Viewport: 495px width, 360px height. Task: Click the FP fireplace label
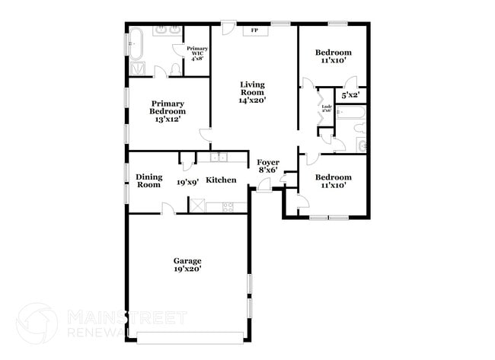pos(254,30)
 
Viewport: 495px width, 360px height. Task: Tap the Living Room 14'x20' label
pos(253,91)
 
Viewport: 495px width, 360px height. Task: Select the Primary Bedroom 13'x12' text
pos(166,111)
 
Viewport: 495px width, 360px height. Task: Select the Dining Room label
pos(148,180)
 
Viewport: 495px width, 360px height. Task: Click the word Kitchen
pos(221,180)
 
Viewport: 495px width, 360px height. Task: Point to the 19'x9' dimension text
pos(187,182)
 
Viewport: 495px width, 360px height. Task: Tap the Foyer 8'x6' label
pos(267,166)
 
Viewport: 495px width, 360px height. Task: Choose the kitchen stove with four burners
pos(228,206)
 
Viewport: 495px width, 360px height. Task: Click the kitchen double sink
pos(219,158)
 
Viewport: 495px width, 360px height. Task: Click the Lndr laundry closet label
pos(326,108)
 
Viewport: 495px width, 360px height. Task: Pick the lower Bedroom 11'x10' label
pos(332,180)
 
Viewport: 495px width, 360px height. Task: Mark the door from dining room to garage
pos(168,209)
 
